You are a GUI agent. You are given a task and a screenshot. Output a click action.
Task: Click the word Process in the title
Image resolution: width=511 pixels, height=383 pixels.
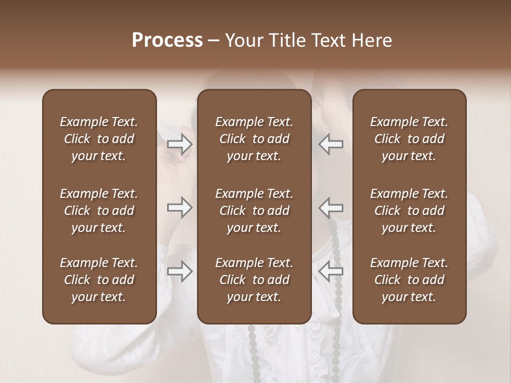pyautogui.click(x=167, y=40)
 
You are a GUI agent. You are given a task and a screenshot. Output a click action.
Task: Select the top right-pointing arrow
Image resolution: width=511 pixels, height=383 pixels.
pyautogui.click(x=179, y=144)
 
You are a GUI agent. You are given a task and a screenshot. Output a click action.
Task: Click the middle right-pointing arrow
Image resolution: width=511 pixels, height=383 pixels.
pyautogui.click(x=179, y=207)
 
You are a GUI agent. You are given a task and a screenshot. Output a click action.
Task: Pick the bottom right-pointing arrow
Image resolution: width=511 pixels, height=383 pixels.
pyautogui.click(x=179, y=271)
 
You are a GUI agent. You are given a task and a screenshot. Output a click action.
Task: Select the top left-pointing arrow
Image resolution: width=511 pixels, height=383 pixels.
pyautogui.click(x=331, y=144)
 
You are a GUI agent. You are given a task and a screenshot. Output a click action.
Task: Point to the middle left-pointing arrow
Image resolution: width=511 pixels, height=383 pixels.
pyautogui.click(x=331, y=207)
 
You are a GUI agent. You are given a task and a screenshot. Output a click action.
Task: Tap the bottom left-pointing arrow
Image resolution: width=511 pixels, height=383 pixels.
pyautogui.click(x=331, y=271)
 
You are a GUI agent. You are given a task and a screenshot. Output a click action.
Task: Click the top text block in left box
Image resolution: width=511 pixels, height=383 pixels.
pyautogui.click(x=99, y=139)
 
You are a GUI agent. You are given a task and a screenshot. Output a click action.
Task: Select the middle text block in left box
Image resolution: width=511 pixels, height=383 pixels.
pyautogui.click(x=99, y=211)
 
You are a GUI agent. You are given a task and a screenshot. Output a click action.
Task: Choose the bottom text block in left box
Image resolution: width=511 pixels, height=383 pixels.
pyautogui.click(x=99, y=280)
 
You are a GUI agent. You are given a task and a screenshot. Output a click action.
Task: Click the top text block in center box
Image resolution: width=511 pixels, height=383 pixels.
pyautogui.click(x=254, y=139)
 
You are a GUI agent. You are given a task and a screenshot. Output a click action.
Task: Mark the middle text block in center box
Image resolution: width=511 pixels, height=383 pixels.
pyautogui.click(x=254, y=211)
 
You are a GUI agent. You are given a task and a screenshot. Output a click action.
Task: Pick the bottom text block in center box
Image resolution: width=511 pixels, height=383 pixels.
pyautogui.click(x=254, y=280)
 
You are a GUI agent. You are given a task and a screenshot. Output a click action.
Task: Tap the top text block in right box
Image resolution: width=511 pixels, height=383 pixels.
pyautogui.click(x=409, y=139)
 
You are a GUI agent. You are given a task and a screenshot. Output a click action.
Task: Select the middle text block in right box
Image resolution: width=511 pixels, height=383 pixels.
pyautogui.click(x=409, y=211)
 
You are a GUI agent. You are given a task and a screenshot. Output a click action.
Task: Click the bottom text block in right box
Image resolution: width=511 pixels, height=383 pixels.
pyautogui.click(x=409, y=280)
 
